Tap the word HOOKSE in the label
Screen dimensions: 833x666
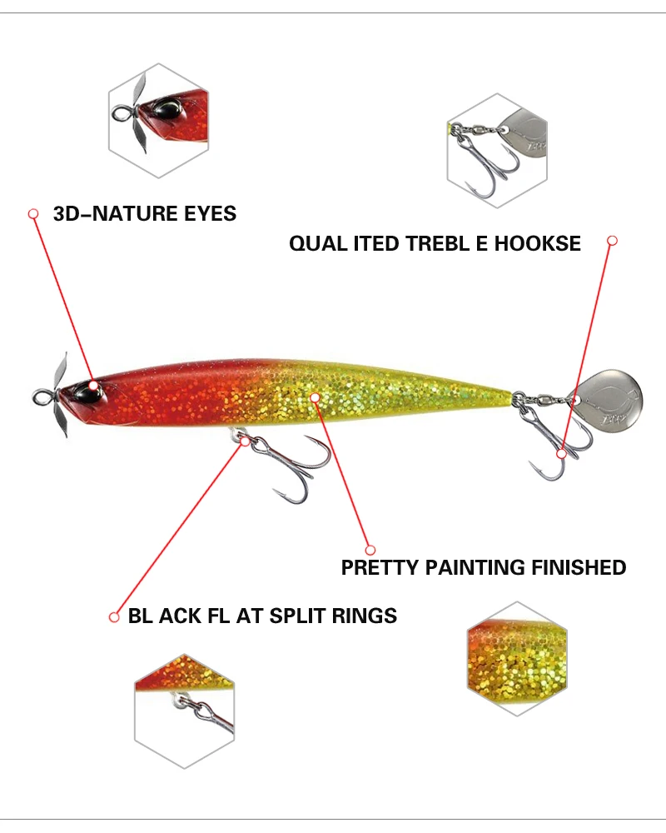(x=538, y=244)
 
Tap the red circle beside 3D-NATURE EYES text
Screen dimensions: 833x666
(x=33, y=214)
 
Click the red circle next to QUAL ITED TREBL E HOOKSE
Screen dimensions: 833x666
(x=612, y=241)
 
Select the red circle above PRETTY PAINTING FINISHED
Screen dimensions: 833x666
(x=370, y=549)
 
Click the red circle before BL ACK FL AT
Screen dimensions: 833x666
(x=114, y=617)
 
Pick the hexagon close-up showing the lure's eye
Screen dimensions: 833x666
(x=157, y=121)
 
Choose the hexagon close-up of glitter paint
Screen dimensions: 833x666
(x=517, y=658)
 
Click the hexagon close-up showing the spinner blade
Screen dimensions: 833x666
(x=498, y=150)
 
